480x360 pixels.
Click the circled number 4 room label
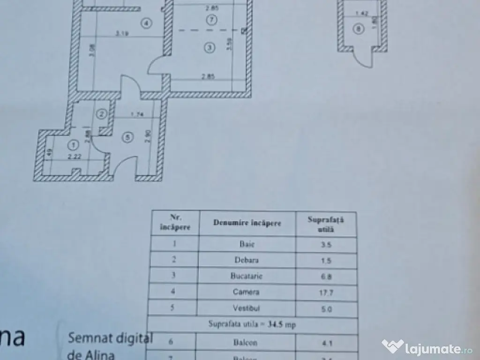[x=147, y=23]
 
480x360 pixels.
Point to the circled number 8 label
[x=360, y=29]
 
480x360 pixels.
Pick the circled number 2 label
[x=101, y=113]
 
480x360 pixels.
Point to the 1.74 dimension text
[x=137, y=114]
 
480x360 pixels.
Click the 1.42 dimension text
[x=360, y=14]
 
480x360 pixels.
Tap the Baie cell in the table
[x=247, y=244]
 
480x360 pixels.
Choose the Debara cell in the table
[x=247, y=260]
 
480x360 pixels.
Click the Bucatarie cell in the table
[x=247, y=276]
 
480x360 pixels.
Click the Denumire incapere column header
[x=247, y=223]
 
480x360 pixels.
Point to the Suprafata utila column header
[x=325, y=224]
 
